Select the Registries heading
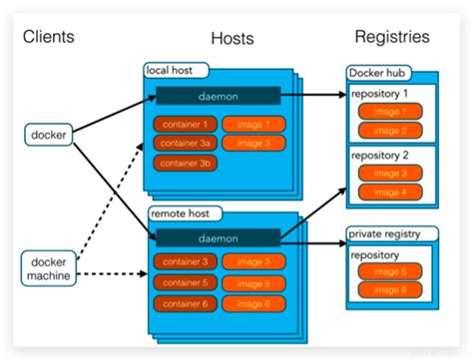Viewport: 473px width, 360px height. point(392,37)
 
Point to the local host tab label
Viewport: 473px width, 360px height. point(176,71)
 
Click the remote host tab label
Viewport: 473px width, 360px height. point(181,213)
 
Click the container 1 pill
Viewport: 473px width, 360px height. point(185,125)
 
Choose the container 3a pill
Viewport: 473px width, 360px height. point(185,144)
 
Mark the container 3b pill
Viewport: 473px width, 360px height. point(185,163)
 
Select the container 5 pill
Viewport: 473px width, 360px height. point(185,282)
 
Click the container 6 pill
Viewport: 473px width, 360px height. point(185,301)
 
